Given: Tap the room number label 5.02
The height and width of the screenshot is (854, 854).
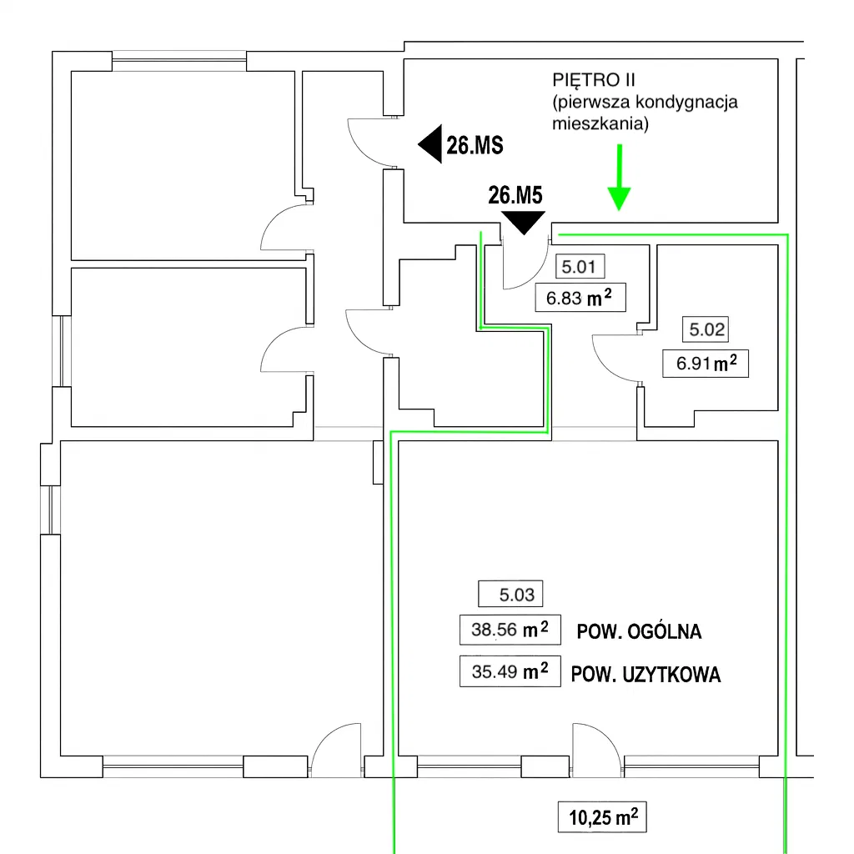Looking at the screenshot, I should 705,329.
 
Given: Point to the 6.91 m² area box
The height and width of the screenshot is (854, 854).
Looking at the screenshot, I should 706,363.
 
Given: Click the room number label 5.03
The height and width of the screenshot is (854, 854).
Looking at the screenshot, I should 510,595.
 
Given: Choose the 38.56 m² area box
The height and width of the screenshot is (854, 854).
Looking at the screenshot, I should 510,630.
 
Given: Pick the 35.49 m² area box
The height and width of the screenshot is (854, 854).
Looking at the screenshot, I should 510,671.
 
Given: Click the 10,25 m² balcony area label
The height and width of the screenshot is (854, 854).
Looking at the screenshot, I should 602,817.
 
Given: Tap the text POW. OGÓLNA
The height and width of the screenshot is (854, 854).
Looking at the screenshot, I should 639,631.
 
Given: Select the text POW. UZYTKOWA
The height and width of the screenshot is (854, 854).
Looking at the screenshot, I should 646,675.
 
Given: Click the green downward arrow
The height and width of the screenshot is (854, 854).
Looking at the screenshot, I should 619,179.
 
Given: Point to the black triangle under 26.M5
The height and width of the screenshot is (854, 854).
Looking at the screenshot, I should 523,222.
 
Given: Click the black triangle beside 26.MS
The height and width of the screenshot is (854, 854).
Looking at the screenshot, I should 430,145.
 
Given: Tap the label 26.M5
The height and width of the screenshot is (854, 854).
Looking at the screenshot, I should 515,196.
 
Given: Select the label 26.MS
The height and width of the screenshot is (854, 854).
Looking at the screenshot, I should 475,146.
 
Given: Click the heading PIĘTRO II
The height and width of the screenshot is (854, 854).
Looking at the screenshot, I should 594,81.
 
